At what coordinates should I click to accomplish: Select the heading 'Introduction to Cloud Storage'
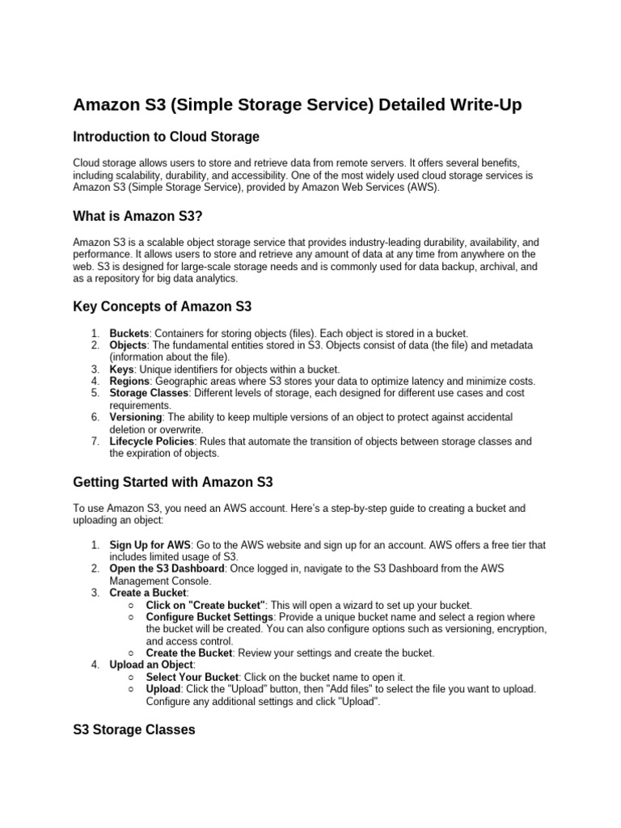click(x=166, y=137)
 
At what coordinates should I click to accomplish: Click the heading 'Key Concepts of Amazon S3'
click(x=163, y=306)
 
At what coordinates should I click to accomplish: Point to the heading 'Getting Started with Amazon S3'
click(x=173, y=483)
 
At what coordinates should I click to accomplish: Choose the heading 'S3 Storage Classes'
click(x=134, y=729)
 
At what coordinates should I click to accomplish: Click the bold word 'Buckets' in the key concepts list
click(x=129, y=333)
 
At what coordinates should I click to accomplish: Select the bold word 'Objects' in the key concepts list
click(x=128, y=345)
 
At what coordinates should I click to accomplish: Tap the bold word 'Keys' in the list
click(x=121, y=369)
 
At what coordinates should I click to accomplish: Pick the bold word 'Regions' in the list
click(x=129, y=381)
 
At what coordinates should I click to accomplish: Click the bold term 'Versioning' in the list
click(x=135, y=416)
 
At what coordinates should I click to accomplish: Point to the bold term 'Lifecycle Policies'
click(x=151, y=441)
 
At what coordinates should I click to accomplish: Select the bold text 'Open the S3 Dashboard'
click(x=167, y=568)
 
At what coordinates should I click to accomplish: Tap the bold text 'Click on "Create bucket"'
click(x=206, y=605)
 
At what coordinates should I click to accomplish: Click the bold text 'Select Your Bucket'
click(x=192, y=677)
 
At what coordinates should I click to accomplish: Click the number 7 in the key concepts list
click(x=94, y=441)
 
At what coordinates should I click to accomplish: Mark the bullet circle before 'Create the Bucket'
click(x=132, y=653)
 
